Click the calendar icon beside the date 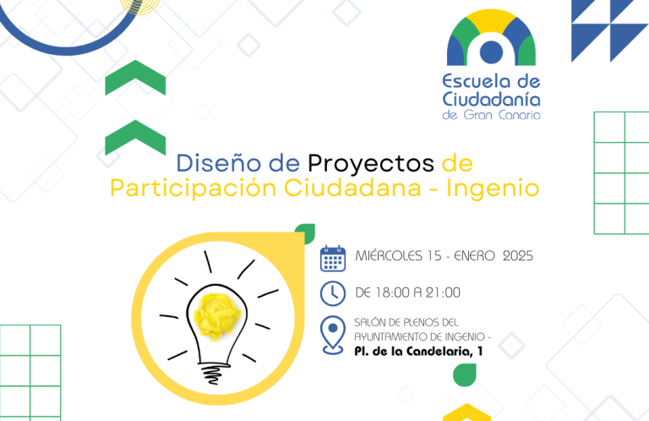click(333, 259)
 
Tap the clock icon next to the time click(333, 293)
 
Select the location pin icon click(333, 336)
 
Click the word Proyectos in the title click(371, 164)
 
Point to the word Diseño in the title click(219, 162)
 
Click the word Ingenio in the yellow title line click(493, 189)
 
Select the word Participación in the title click(194, 189)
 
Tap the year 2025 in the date click(518, 256)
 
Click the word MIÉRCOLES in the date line click(389, 255)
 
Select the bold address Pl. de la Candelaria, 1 click(418, 352)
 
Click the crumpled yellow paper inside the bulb click(217, 313)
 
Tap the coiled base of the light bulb click(215, 373)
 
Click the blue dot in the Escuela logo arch click(491, 52)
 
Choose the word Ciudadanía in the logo click(491, 100)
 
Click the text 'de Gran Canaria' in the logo click(491, 115)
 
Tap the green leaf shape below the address click(465, 375)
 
